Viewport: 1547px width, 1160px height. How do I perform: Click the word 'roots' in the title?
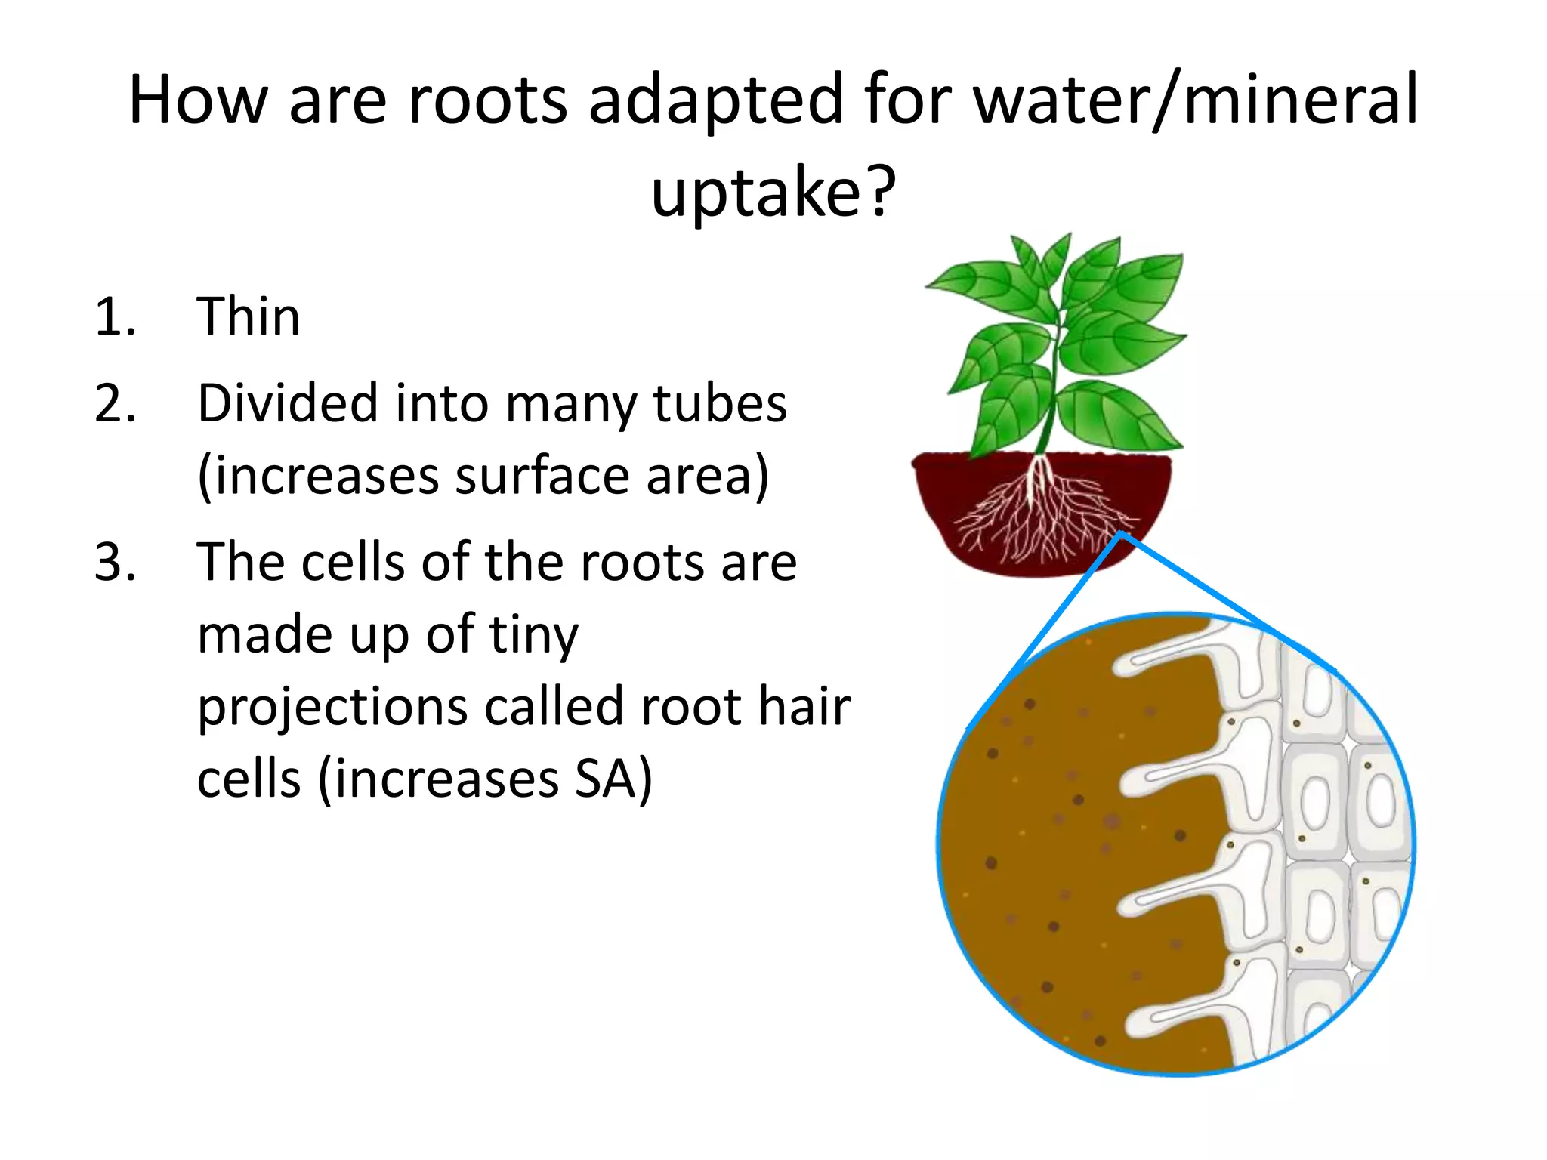point(487,100)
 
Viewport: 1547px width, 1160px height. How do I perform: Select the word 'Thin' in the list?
point(249,316)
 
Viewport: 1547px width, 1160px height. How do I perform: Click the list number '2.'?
point(115,403)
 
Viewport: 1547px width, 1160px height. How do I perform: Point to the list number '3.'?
point(115,563)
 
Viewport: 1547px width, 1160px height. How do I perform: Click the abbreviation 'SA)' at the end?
point(613,779)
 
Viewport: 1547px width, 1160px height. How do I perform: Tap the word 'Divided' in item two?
point(287,403)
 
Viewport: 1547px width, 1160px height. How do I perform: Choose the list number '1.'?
point(115,316)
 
